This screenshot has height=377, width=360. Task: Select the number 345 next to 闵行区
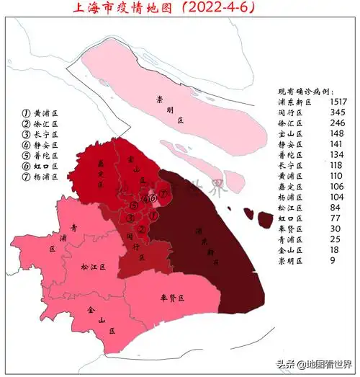pyautogui.click(x=337, y=113)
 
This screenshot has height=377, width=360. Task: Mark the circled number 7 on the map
pyautogui.click(x=164, y=194)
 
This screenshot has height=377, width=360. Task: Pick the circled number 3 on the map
pyautogui.click(x=132, y=217)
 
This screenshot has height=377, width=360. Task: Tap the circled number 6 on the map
pyautogui.click(x=152, y=199)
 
